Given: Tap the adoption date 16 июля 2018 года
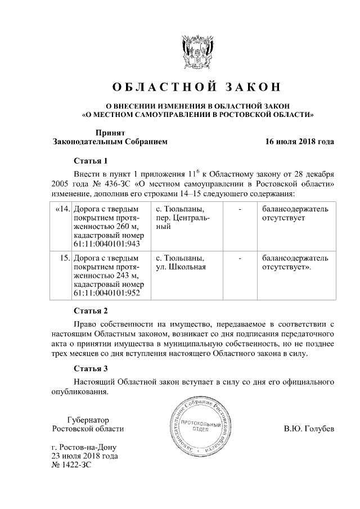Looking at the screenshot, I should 300,142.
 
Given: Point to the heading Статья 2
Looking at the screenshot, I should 91,310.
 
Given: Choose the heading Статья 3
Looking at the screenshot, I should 91,369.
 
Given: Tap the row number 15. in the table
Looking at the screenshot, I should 64,258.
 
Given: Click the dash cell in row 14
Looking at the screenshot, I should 240,209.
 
